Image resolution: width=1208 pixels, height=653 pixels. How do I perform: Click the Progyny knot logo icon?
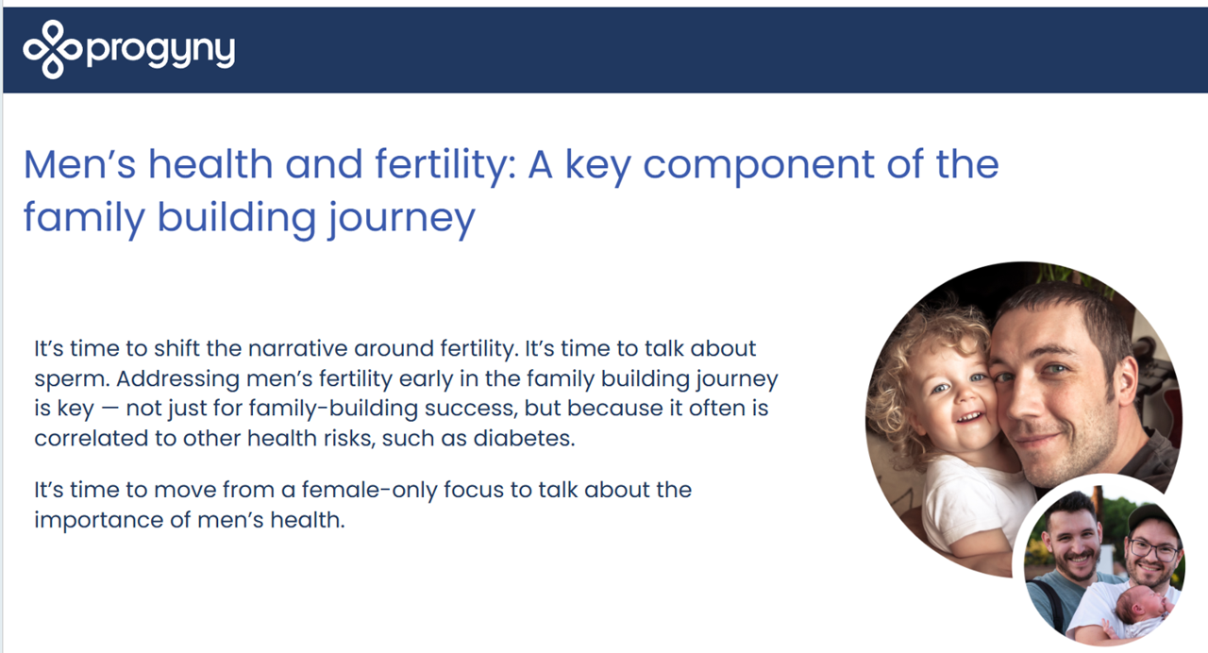[53, 50]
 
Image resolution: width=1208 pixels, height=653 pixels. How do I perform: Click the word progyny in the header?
[160, 52]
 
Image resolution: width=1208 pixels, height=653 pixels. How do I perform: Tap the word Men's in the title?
[80, 164]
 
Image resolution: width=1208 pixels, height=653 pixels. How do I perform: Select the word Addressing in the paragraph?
[177, 379]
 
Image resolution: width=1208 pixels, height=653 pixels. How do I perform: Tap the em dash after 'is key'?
[109, 410]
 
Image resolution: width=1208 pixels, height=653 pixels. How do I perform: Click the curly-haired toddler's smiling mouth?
[969, 418]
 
